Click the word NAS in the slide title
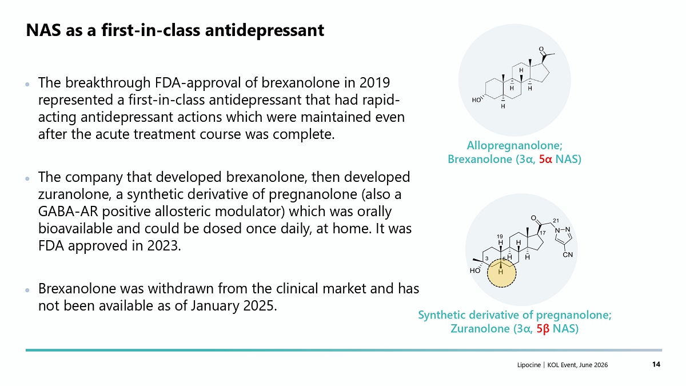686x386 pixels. point(43,30)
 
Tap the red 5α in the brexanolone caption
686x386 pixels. point(545,160)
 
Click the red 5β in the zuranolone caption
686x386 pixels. point(543,329)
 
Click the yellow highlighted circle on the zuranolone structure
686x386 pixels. point(502,273)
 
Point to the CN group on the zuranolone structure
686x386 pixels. point(568,255)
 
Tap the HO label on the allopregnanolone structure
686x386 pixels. point(476,100)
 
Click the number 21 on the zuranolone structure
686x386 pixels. point(556,221)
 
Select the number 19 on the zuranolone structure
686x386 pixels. point(500,237)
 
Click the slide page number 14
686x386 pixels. point(656,364)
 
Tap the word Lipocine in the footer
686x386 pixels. point(529,365)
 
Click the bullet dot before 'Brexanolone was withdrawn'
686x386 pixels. point(27,290)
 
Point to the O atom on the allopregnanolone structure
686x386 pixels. point(541,49)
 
